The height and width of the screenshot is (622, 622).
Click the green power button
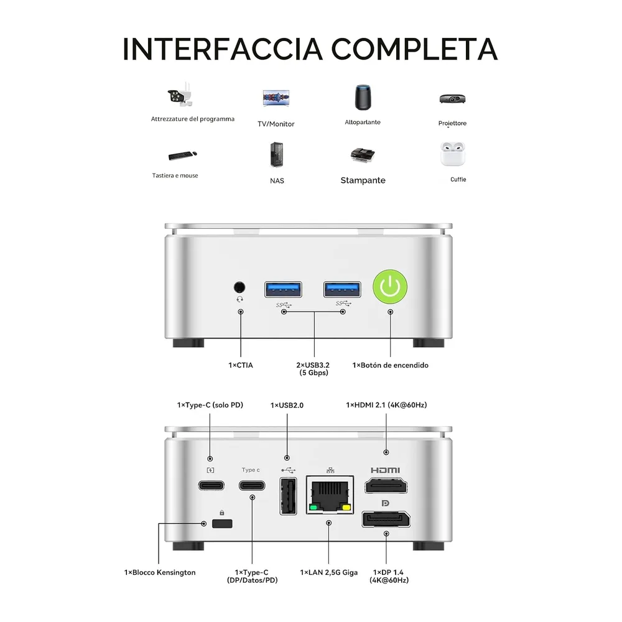click(x=390, y=287)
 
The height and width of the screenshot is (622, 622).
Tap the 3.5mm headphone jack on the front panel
click(x=239, y=287)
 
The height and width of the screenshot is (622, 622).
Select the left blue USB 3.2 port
click(x=283, y=290)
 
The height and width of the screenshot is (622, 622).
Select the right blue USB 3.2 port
click(x=342, y=290)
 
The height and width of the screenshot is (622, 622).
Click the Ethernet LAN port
click(x=330, y=494)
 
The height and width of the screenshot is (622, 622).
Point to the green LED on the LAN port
click(x=313, y=508)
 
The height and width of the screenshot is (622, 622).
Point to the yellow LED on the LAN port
click(x=346, y=508)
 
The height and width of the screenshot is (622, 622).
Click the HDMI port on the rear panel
click(x=386, y=486)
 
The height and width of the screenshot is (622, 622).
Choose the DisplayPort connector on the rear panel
click(x=386, y=519)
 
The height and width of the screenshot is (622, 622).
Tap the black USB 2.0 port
click(x=289, y=496)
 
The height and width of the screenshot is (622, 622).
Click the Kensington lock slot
click(x=222, y=524)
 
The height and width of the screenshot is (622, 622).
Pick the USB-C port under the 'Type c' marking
click(x=252, y=486)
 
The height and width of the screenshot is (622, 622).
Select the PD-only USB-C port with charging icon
click(x=211, y=486)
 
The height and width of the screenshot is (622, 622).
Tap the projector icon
click(x=452, y=98)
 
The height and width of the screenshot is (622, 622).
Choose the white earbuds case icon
click(x=453, y=154)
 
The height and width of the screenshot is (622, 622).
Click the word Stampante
click(x=363, y=180)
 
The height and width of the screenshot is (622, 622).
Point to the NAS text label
click(x=277, y=181)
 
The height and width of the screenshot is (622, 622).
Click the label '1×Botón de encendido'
click(x=391, y=365)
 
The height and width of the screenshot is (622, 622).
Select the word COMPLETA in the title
click(x=414, y=49)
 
